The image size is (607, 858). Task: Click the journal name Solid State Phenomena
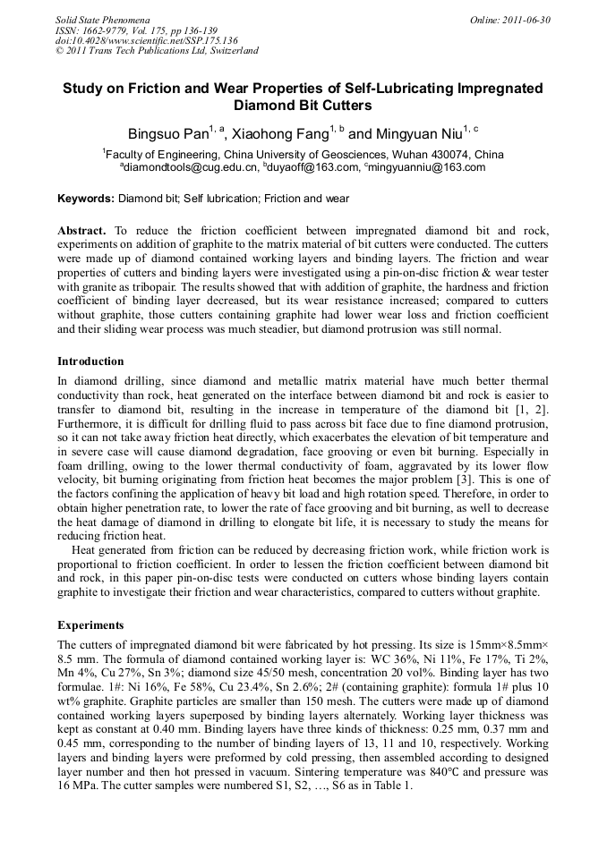(101, 19)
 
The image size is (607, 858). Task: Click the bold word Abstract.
(81, 231)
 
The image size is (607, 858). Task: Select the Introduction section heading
(90, 361)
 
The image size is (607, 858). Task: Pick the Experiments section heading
(90, 624)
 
